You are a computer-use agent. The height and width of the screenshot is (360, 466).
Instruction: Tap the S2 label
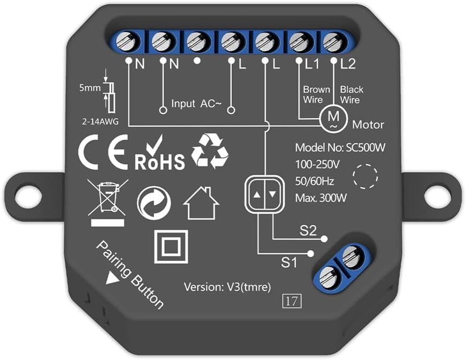[308, 232]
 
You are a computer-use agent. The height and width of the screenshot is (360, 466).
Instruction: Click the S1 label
[289, 263]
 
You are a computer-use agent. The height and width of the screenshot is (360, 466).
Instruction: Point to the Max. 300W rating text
[321, 198]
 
